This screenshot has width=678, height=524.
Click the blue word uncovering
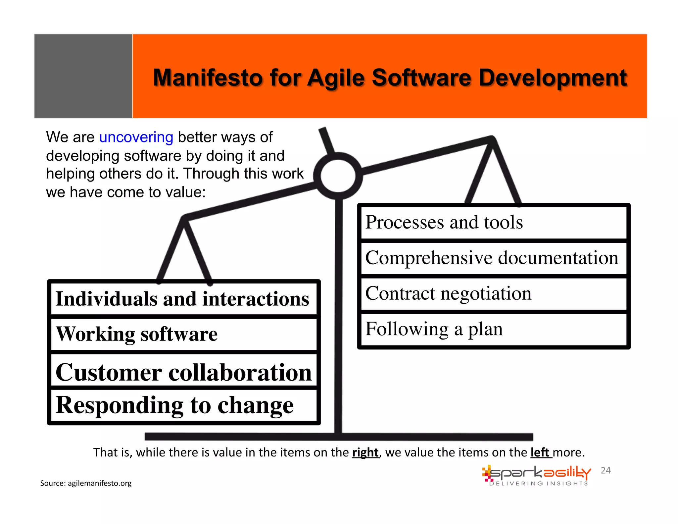(136, 137)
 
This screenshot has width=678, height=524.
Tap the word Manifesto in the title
(208, 78)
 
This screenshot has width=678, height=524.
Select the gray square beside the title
(83, 76)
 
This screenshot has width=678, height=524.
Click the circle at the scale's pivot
(338, 176)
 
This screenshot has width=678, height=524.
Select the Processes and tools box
(493, 222)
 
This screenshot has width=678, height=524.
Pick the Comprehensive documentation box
(493, 258)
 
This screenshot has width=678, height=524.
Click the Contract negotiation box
(493, 294)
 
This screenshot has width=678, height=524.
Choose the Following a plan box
(493, 329)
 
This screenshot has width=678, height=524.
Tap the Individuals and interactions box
(183, 299)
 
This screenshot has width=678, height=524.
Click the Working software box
(183, 334)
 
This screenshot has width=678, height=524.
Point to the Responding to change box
(183, 405)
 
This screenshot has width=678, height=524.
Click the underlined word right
(365, 452)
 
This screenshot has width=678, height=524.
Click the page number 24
(605, 470)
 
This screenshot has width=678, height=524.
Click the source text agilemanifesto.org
(99, 483)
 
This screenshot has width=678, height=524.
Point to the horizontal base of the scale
(339, 437)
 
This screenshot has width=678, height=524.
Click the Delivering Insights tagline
(539, 484)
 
